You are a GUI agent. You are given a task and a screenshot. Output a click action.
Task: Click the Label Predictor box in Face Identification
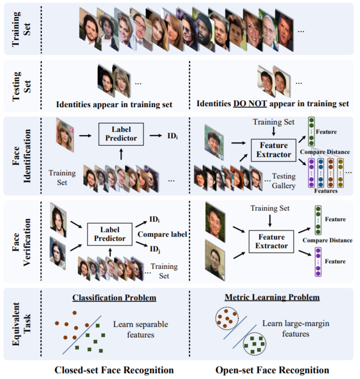point(121,135)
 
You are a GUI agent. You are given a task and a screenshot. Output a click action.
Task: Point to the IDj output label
point(154,249)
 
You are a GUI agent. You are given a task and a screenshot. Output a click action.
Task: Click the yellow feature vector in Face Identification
point(340,173)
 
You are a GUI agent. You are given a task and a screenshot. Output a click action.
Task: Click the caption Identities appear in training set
point(114,104)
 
